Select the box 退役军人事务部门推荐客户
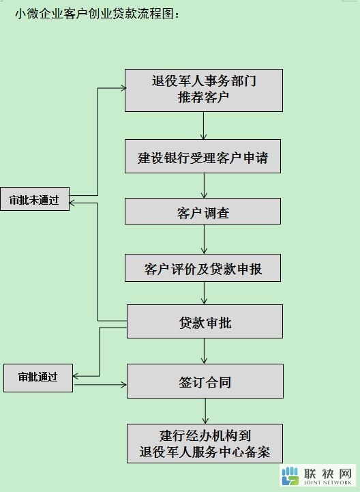(x=204, y=90)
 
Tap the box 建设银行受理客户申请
(x=203, y=156)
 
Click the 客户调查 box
(x=203, y=211)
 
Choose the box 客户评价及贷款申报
(x=203, y=268)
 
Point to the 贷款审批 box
(x=205, y=321)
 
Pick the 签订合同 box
(x=205, y=381)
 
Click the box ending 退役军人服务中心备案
(x=205, y=444)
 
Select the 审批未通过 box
(x=35, y=199)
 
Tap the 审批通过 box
(x=38, y=378)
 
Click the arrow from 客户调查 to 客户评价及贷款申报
(x=204, y=239)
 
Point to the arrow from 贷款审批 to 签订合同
(x=204, y=351)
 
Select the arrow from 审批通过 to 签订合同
(x=100, y=384)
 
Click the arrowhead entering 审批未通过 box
(x=71, y=203)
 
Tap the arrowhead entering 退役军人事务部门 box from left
(x=123, y=88)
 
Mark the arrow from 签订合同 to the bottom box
(x=205, y=411)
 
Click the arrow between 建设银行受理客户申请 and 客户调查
(x=204, y=186)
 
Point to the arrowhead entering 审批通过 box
(x=75, y=375)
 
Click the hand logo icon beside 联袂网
(x=290, y=476)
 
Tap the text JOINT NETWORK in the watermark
(x=327, y=482)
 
